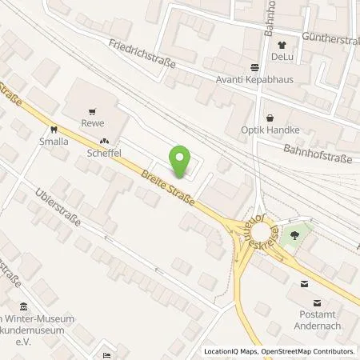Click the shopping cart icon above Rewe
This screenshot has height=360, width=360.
[94, 111]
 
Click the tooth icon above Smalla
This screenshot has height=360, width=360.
[54, 128]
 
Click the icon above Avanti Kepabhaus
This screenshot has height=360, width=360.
[254, 67]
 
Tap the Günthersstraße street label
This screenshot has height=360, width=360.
[331, 36]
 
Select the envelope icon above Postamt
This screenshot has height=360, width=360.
[304, 283]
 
